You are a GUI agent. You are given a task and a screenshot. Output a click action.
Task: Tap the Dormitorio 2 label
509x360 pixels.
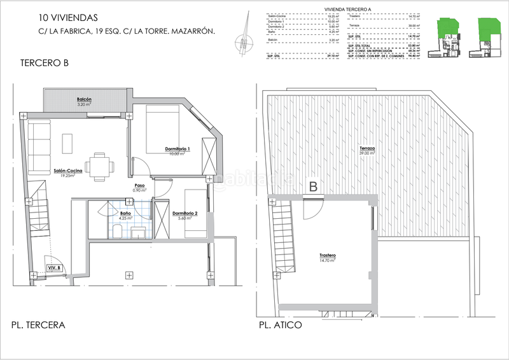tap(185, 214)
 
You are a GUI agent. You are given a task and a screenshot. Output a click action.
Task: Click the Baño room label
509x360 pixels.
tap(125, 215)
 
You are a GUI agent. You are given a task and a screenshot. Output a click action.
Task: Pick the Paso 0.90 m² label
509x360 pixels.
tap(140, 188)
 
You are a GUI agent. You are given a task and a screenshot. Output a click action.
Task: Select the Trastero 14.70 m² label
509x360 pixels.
tap(328, 257)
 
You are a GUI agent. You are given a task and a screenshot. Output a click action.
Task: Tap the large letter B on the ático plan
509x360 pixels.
tap(313, 186)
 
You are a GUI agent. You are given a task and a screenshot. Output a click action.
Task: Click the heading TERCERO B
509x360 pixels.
tap(44, 63)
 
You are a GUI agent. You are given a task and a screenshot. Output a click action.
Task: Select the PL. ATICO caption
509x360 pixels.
tap(281, 325)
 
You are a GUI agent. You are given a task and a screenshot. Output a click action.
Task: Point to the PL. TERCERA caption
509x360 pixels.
tap(39, 325)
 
